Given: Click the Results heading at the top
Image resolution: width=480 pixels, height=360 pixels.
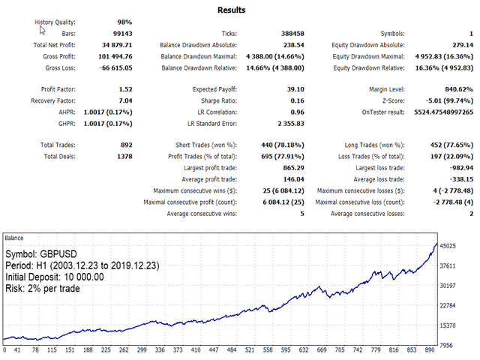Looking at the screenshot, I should point(231,10).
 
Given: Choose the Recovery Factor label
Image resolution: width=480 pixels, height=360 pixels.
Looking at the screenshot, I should point(53,100).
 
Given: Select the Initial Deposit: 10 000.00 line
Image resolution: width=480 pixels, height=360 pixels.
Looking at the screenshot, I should point(54,277).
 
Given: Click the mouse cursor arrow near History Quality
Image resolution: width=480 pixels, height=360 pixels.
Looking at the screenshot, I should point(42,30).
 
